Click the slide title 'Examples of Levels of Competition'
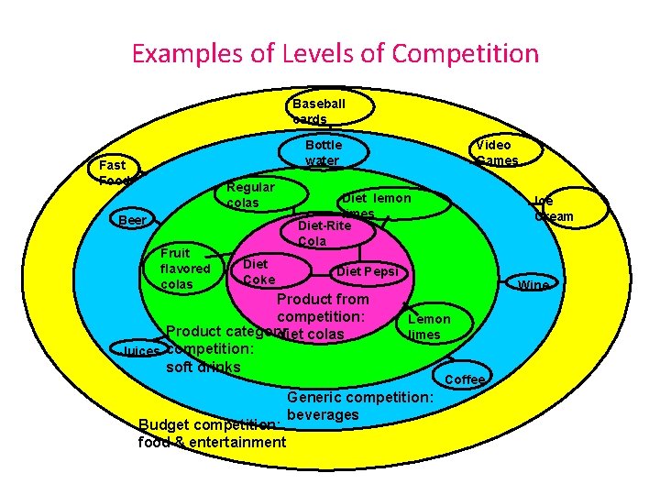click(335, 53)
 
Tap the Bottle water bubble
click(324, 152)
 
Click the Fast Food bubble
click(115, 171)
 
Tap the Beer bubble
click(134, 220)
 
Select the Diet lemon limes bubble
click(376, 204)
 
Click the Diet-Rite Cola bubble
click(326, 233)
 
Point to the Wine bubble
click(533, 285)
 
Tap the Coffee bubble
click(465, 379)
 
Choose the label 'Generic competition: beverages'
click(359, 406)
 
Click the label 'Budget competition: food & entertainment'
click(212, 434)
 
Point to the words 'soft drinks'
click(203, 368)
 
